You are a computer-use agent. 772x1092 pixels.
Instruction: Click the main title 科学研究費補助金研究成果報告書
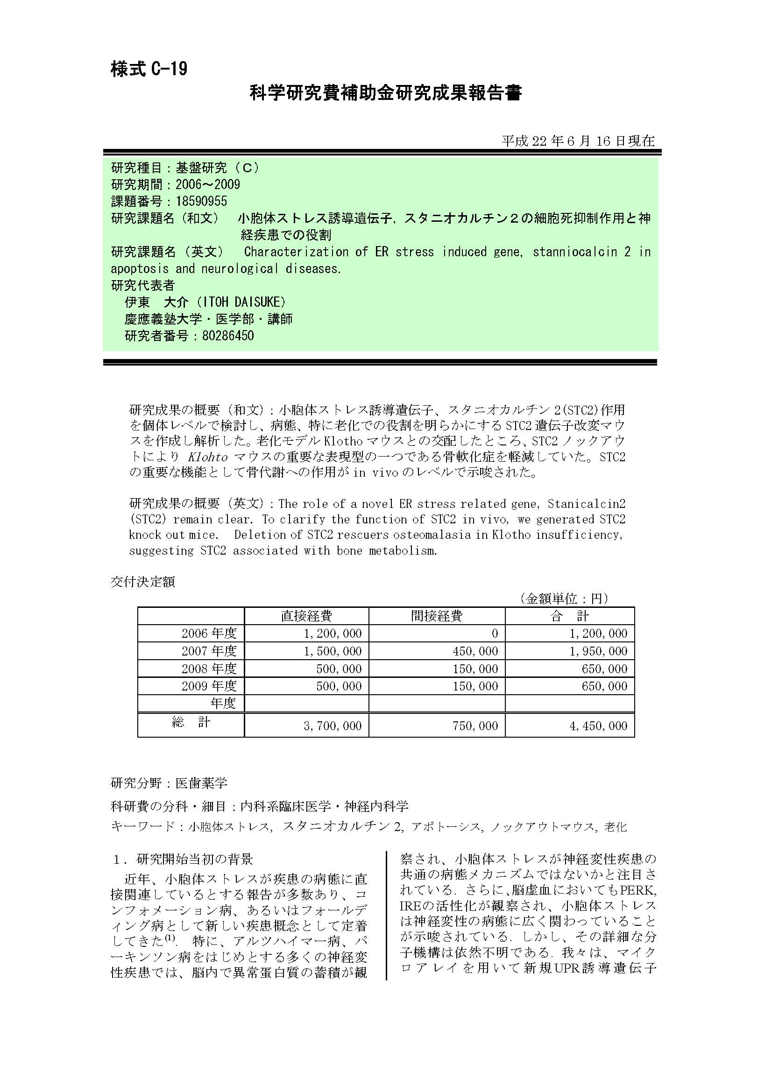point(385,93)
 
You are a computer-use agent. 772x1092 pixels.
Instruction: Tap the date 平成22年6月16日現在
point(578,141)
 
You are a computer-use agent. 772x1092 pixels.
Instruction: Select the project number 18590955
point(201,201)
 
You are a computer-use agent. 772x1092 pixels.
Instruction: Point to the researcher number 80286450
point(228,336)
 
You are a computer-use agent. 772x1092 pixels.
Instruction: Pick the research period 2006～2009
point(208,184)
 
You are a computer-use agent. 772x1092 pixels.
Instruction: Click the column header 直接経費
point(306,616)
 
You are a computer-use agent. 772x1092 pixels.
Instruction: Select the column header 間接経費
point(437,616)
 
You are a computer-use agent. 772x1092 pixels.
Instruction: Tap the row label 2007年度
point(209,651)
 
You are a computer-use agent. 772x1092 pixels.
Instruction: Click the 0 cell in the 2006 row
point(495,634)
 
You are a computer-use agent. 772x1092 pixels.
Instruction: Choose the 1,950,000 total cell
point(598,651)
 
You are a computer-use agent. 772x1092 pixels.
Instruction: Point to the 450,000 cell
point(475,651)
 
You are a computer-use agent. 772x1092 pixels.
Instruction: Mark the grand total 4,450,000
point(598,726)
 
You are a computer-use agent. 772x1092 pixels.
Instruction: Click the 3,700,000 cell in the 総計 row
point(333,726)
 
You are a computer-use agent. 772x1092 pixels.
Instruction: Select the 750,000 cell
point(475,726)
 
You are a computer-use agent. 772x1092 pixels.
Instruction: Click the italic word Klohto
point(208,457)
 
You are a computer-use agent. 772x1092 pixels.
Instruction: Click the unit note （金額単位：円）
point(564,599)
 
